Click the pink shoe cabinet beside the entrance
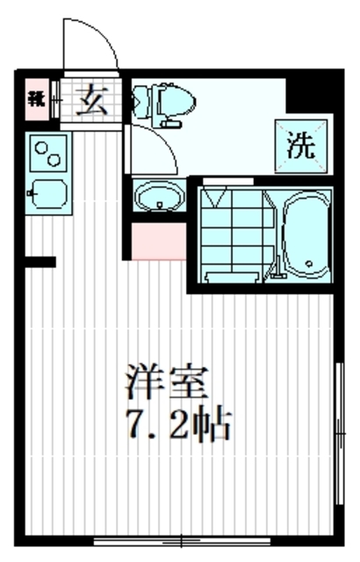pyautogui.click(x=36, y=98)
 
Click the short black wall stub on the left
pyautogui.click(x=40, y=262)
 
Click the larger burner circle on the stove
pyautogui.click(x=40, y=146)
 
